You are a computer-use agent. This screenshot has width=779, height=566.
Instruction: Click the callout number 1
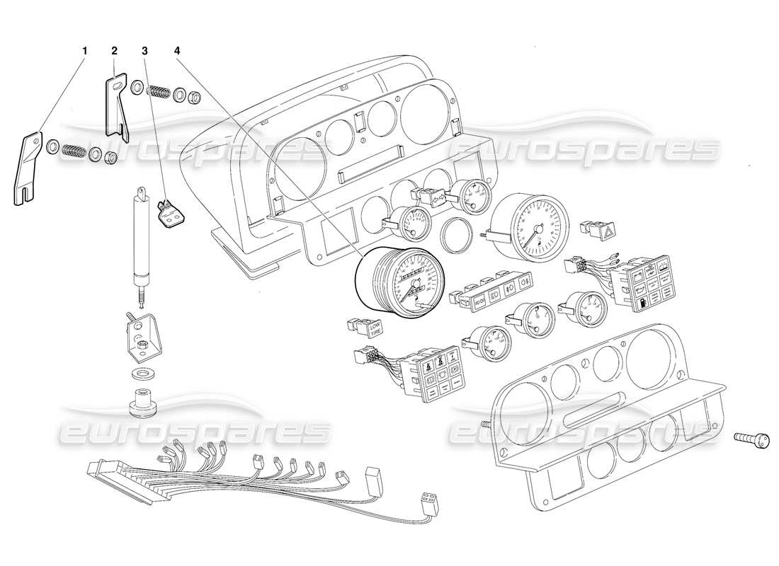(85, 51)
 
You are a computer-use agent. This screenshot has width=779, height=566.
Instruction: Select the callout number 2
(115, 51)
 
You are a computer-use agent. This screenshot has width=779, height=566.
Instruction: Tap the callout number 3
(145, 51)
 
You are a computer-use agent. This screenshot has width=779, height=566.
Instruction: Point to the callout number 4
(177, 51)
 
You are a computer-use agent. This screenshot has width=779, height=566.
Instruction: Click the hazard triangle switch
(606, 230)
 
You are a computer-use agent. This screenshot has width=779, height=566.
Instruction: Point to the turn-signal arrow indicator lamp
(432, 200)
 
